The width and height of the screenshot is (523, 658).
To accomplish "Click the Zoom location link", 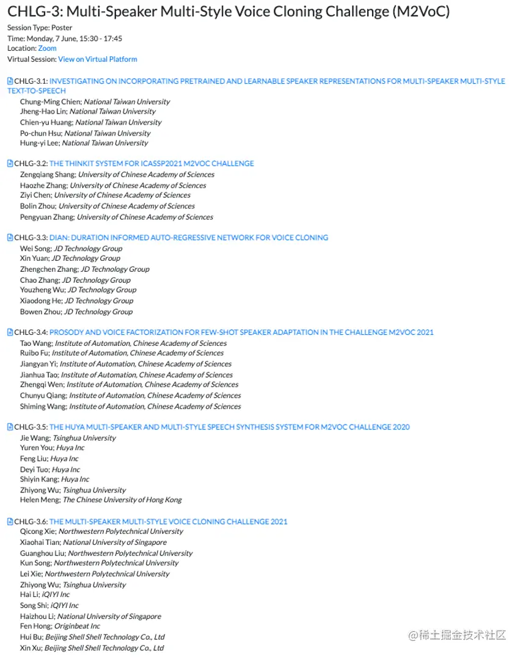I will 47,48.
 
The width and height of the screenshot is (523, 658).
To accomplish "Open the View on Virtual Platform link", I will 97,59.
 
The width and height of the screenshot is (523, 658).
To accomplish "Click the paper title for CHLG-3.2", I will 152,164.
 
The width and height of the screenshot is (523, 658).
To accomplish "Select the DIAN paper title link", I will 188,238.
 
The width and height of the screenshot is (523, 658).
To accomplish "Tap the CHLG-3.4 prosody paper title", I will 241,332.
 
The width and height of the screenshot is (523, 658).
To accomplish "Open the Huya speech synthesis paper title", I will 229,427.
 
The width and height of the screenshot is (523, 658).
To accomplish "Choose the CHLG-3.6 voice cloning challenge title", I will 168,522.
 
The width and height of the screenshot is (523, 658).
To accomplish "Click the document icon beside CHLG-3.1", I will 10,81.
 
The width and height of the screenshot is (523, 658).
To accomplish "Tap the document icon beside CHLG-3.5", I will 10,427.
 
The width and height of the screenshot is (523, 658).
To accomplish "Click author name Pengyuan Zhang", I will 46,217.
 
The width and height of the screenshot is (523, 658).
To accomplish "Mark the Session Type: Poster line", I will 40,27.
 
